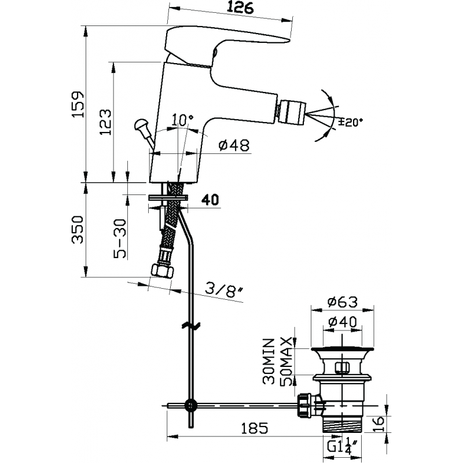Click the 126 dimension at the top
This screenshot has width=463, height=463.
coord(240,8)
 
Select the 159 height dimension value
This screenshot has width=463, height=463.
coord(78,104)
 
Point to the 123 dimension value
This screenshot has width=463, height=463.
coord(105,122)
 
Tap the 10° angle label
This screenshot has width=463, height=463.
coord(183,119)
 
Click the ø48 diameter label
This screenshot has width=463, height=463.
coord(234,145)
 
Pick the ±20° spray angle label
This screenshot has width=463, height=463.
coord(351,122)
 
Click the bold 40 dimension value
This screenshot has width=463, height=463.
coord(210,200)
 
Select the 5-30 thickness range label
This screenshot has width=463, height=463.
coord(120,239)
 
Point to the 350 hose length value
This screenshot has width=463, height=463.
coord(78,229)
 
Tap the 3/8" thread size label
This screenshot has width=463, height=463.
coord(223,292)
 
